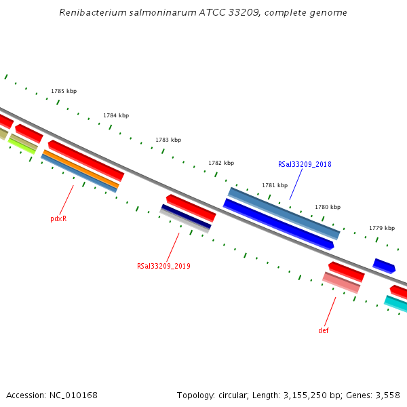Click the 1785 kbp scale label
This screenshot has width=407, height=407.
pos(64,91)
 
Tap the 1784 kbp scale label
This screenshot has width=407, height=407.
pos(116,115)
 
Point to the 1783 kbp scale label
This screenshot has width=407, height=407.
pos(168,140)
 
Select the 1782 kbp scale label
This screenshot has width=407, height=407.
pos(221,163)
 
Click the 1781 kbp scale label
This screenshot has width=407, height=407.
pos(275,185)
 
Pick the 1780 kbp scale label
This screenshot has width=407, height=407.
pos(328,207)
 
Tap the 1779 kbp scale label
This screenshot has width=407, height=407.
pos(382,228)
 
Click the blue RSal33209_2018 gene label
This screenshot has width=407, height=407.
pos(305,164)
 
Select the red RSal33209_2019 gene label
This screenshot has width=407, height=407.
pos(163,266)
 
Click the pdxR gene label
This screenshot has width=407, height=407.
pos(58,218)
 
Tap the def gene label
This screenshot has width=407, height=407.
pos(324,330)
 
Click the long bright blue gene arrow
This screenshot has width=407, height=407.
pos(278,223)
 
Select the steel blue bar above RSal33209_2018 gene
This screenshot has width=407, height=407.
pos(284,213)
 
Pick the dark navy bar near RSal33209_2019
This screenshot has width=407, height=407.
pos(186,216)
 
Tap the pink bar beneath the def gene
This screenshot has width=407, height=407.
pos(341,282)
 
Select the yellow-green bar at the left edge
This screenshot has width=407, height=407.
pos(22,144)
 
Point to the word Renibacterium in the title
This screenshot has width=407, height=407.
pos(88,13)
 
